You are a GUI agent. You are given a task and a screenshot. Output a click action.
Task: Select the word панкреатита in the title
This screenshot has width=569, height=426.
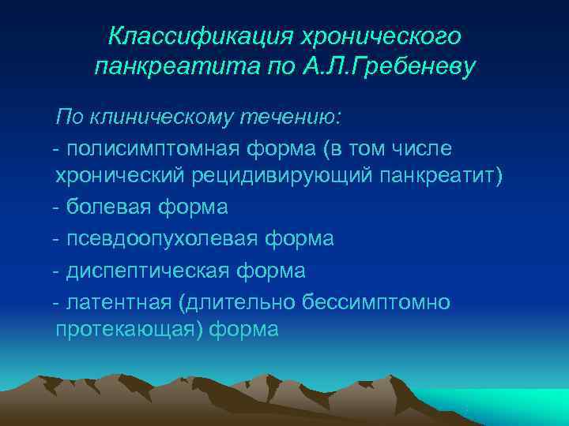165,67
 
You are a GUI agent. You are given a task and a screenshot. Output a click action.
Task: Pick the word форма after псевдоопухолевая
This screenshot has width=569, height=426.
304,238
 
